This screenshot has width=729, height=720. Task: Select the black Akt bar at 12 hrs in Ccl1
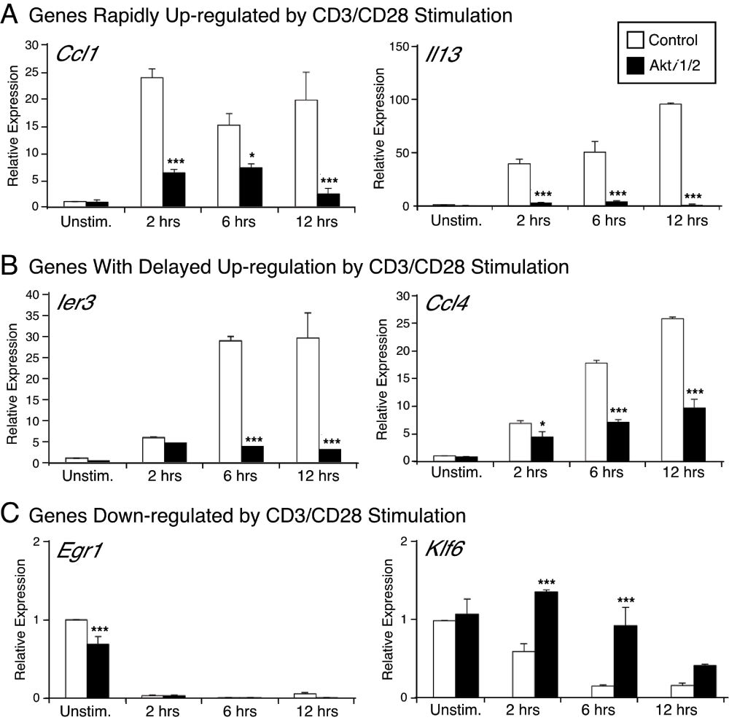[x=329, y=200]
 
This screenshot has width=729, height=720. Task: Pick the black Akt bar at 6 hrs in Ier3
[x=252, y=454]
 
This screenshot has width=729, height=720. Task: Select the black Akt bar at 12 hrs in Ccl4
[x=693, y=434]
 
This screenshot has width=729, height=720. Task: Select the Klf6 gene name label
[x=445, y=565]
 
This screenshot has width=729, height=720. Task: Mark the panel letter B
[x=10, y=265]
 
